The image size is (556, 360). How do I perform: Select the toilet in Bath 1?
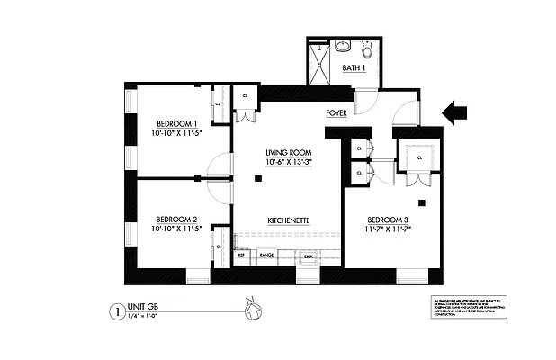[x=367, y=47]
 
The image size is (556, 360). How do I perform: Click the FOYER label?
[x=336, y=115]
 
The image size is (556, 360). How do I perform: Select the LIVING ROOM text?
[x=288, y=153]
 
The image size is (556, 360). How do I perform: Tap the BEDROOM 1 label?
[x=176, y=123]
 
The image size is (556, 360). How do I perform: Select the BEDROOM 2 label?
[x=175, y=219]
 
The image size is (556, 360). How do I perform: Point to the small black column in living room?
[x=258, y=179]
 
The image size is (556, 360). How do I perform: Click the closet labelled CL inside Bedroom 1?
[x=219, y=104]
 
